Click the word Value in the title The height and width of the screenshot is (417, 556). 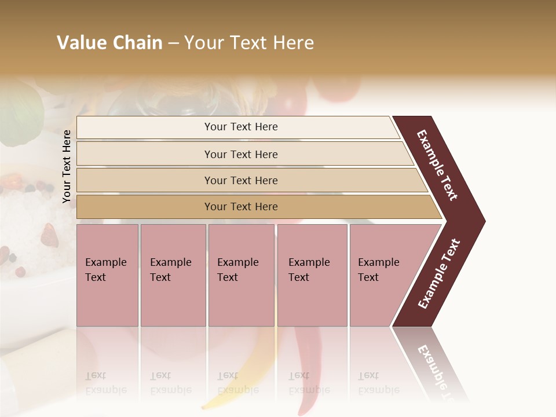pyautogui.click(x=81, y=43)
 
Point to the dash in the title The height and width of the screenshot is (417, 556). pyautogui.click(x=173, y=43)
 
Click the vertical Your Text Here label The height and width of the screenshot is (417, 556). pyautogui.click(x=67, y=166)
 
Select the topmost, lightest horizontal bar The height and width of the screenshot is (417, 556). pyautogui.click(x=237, y=127)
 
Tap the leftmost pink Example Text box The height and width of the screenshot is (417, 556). pyautogui.click(x=107, y=275)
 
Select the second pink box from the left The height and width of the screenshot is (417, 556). pyautogui.click(x=173, y=275)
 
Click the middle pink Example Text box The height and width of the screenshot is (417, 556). pyautogui.click(x=241, y=275)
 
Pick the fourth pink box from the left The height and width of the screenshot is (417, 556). pyautogui.click(x=312, y=275)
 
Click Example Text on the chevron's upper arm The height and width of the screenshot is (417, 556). pyautogui.click(x=437, y=165)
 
